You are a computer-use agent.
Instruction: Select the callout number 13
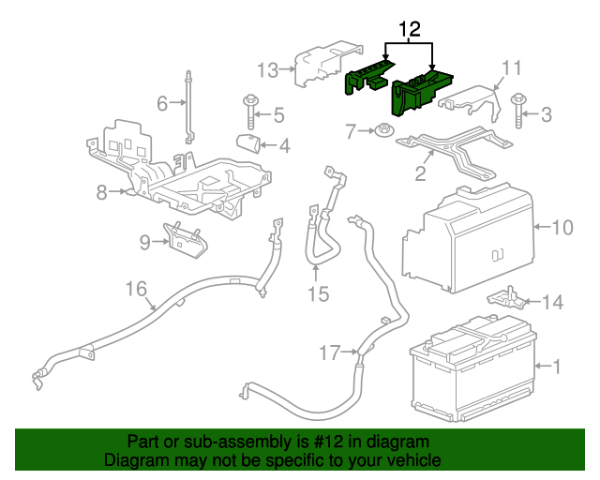268,69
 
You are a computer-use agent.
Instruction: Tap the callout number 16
137,287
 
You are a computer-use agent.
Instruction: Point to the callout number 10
562,227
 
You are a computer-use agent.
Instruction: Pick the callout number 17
329,353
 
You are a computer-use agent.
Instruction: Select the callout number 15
318,294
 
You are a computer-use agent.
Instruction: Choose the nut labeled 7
384,131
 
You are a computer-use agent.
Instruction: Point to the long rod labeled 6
189,108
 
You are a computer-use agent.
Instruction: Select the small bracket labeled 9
187,238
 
